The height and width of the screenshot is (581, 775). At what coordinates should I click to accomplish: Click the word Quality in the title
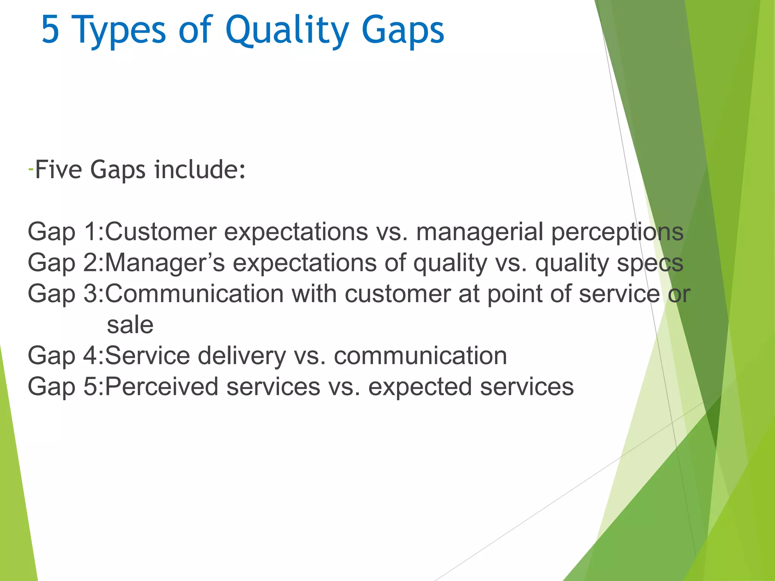[287, 30]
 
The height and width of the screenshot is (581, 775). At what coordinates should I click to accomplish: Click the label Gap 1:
[65, 231]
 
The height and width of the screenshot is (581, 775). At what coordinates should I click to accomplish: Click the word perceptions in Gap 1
[617, 231]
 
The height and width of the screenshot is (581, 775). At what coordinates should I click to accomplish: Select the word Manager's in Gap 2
[165, 263]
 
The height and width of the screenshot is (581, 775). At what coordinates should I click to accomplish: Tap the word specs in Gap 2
[650, 263]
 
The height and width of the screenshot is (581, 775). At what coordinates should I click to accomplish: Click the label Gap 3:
[65, 294]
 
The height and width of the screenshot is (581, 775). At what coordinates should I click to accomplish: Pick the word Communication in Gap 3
[195, 294]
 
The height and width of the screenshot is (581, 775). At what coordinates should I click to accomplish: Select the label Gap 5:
[65, 387]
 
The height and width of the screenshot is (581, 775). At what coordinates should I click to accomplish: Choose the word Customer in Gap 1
[161, 231]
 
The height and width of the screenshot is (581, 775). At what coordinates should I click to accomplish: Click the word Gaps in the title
[403, 30]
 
